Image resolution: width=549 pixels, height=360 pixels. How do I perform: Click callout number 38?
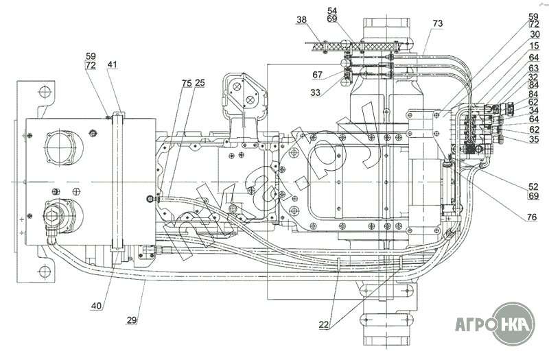301,21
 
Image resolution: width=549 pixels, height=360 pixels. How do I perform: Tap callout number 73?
438,23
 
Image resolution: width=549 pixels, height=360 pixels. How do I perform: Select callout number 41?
112,65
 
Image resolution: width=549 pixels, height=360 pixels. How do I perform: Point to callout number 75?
187,83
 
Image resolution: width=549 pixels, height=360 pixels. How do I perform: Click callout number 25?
200,83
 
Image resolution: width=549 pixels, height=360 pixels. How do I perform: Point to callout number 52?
533,186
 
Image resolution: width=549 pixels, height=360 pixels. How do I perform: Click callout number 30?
534,35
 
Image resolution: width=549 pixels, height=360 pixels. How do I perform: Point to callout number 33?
315,91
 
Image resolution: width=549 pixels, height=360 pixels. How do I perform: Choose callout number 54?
332,11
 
